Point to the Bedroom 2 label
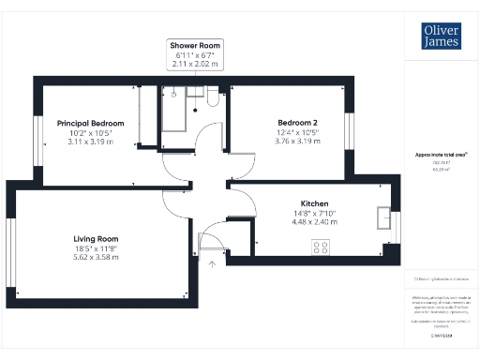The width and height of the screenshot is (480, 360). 297,123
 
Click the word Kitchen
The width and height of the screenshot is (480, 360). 314,203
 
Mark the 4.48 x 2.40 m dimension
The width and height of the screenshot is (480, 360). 314,222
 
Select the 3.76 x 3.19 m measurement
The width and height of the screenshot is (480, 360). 297,142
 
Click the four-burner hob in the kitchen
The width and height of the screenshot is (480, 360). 321,247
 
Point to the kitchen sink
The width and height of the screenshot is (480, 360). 382,218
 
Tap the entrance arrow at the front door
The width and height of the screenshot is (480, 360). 212,263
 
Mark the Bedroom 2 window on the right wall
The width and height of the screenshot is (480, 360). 352,128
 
